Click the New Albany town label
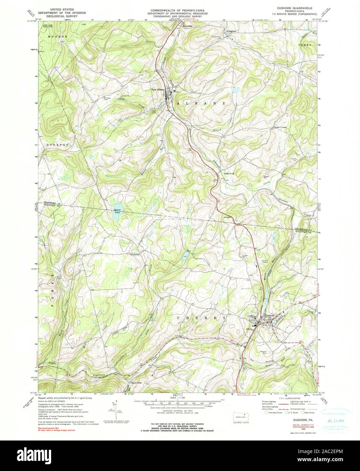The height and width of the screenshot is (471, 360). coord(158,90)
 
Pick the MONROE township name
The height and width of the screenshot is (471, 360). coord(58,36)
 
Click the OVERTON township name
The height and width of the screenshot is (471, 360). coord(56,145)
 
